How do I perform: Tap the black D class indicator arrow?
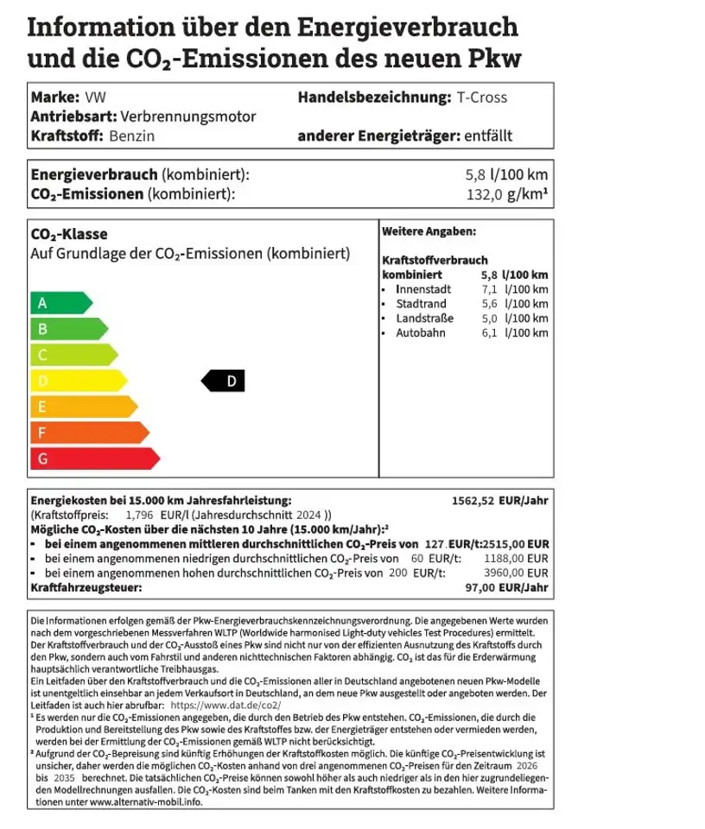pos(224,381)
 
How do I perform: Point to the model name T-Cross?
pos(482,97)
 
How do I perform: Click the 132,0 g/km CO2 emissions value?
pos(506,194)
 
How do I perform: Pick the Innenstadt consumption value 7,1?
pos(489,288)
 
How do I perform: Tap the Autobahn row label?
pos(420,332)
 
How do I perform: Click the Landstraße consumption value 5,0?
pos(489,318)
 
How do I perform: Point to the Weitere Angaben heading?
pos(429,231)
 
